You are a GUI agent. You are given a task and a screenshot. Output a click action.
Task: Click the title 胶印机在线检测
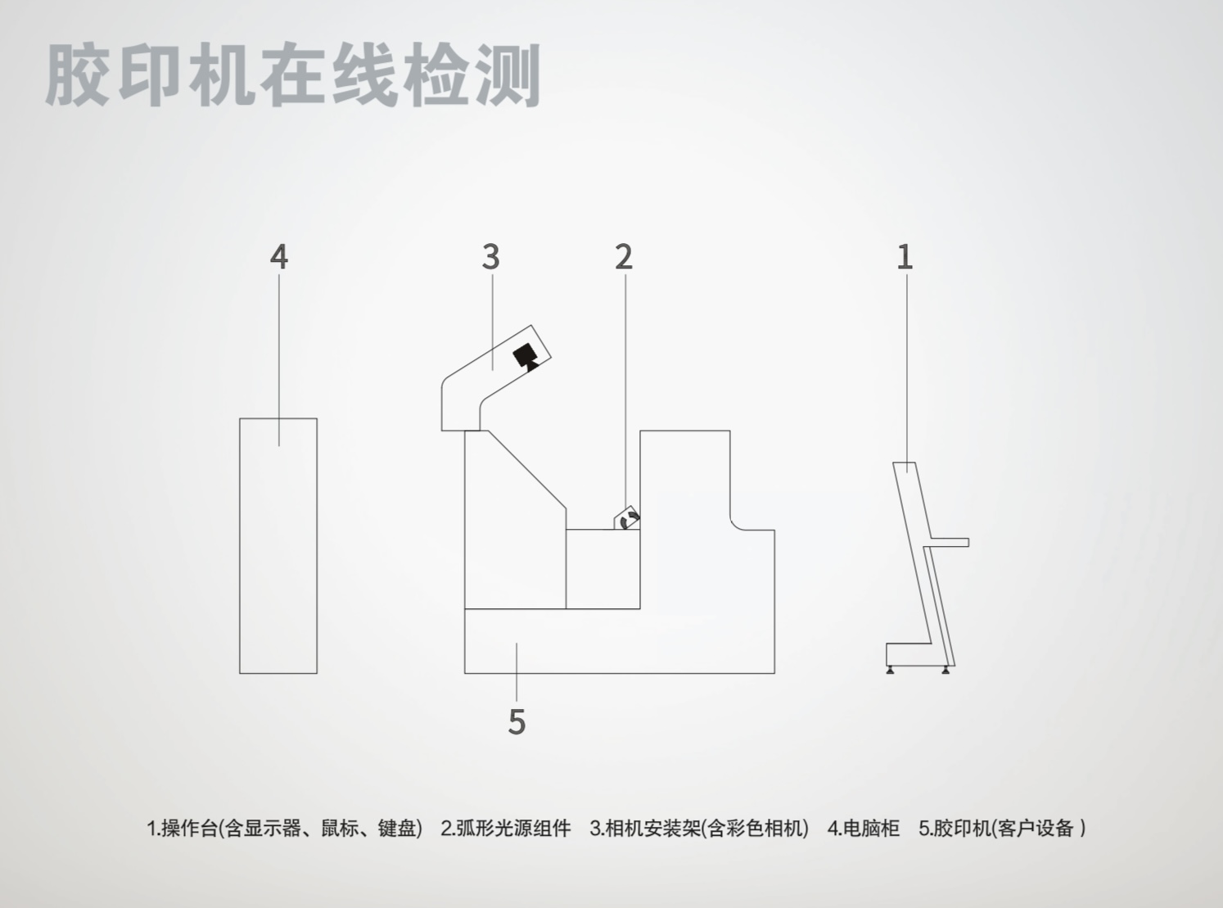pos(293,75)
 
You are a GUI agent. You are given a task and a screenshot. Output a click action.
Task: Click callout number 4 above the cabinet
pos(279,257)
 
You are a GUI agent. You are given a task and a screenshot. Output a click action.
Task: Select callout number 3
pos(490,257)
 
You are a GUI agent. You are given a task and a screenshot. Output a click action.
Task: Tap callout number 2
pos(624,257)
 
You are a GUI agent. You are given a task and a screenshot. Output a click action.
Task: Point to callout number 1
pos(905,257)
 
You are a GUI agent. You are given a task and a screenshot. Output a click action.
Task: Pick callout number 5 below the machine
pos(517,721)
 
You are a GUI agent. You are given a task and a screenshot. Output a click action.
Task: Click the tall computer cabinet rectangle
pos(278,557)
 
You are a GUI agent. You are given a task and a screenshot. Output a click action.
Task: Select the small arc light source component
pos(628,520)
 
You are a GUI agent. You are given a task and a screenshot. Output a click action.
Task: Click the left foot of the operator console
pos(891,670)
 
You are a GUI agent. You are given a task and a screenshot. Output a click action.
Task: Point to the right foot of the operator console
pos(946,670)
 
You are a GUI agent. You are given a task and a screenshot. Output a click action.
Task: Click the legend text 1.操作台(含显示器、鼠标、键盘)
pos(284,828)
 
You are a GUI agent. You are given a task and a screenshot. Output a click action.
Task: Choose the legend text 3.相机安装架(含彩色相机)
pos(698,828)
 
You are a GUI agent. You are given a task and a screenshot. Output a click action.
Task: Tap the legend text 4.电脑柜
pos(863,828)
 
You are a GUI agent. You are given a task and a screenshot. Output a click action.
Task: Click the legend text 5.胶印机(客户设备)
pos(1002,828)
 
